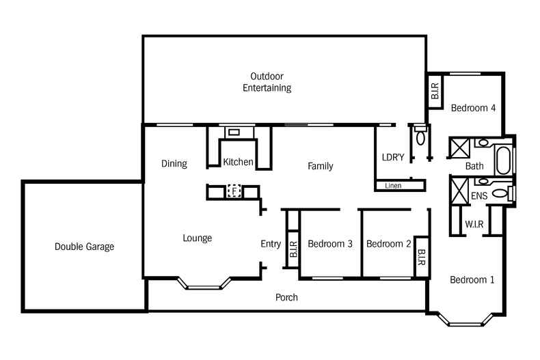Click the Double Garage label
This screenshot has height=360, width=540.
click(84, 247)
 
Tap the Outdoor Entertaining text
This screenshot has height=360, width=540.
click(267, 82)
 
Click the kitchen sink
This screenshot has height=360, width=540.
click(234, 133)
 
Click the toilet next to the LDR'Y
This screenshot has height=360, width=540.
click(420, 136)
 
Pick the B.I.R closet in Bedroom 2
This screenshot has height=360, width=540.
click(421, 258)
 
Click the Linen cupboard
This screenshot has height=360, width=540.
click(394, 185)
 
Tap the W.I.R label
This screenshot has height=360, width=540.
click(475, 223)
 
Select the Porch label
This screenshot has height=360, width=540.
click(286, 297)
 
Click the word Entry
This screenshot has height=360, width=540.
click(271, 244)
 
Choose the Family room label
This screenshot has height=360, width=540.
click(320, 166)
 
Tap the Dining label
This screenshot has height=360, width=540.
click(174, 163)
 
